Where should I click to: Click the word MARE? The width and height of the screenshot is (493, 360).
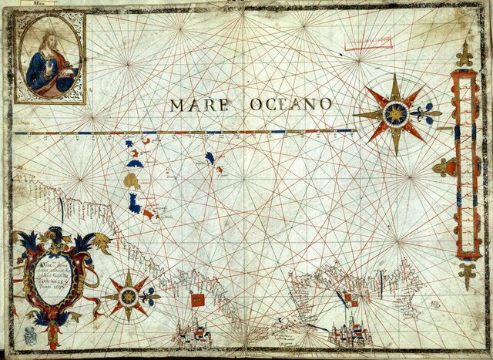199,104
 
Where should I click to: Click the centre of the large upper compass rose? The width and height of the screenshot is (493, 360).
396,114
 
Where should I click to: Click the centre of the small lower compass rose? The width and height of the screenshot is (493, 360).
129,296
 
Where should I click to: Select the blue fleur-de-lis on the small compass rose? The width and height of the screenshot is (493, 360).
151,295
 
